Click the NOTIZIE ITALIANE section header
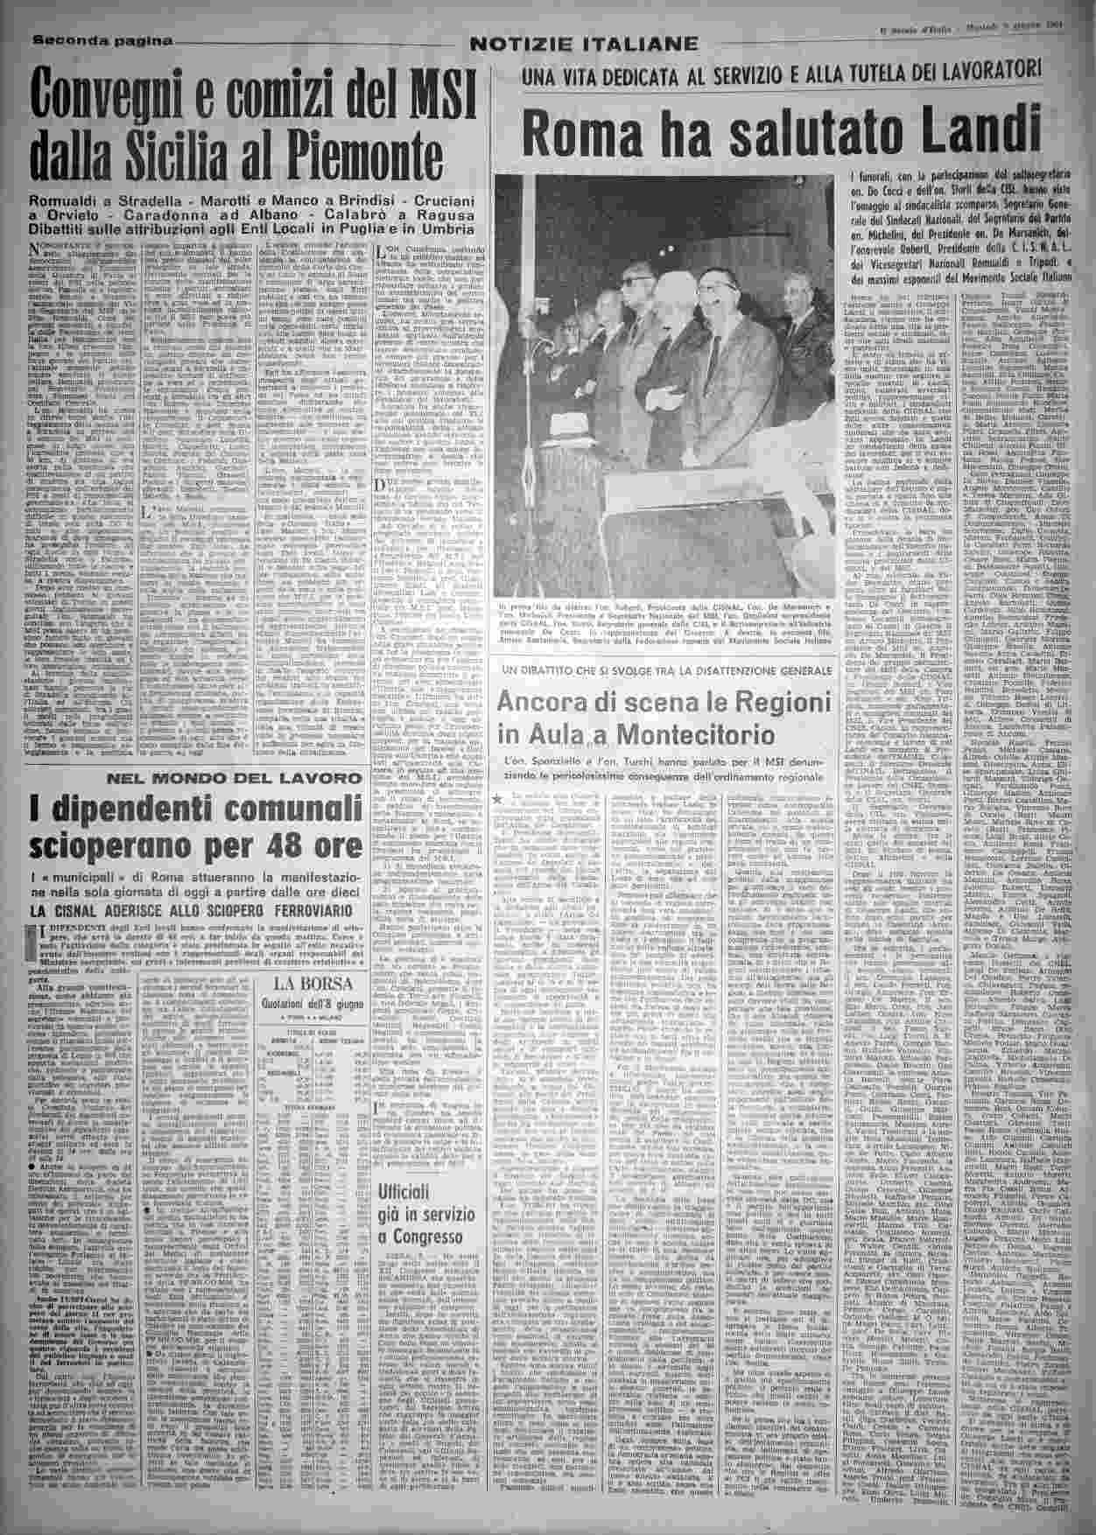click(x=584, y=44)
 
